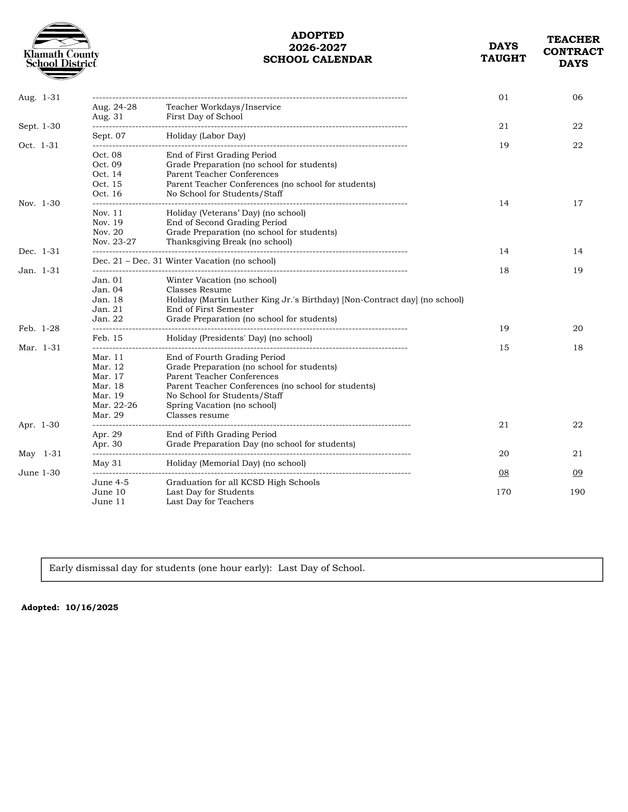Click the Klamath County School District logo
[x=61, y=51]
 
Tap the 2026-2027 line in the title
[x=317, y=48]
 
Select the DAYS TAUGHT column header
[x=503, y=52]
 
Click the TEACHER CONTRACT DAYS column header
[x=573, y=51]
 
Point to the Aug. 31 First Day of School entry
[x=204, y=117]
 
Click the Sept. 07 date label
[x=109, y=136]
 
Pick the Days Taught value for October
[x=504, y=145]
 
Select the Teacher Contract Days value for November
[x=577, y=203]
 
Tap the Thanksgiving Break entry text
[x=229, y=242]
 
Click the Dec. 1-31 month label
[x=39, y=251]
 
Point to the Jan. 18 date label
[x=107, y=300]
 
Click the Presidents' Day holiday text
[x=239, y=338]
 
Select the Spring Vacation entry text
[x=221, y=405]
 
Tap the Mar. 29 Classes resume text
[x=198, y=415]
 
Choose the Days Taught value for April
[x=504, y=425]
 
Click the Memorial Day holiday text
[x=236, y=463]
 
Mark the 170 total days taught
[x=504, y=492]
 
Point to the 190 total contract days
[x=577, y=492]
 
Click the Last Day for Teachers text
[x=210, y=502]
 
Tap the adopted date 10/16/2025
[x=92, y=608]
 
